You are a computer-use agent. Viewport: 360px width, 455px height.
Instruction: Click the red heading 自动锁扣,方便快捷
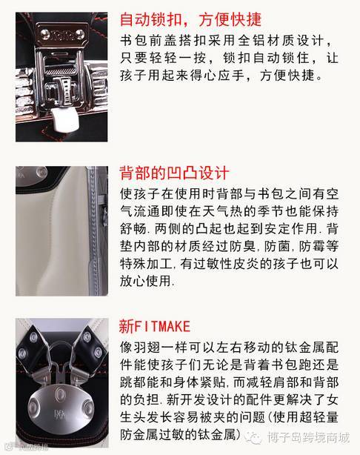click(x=190, y=20)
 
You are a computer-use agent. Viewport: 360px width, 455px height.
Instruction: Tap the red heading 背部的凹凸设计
click(x=174, y=173)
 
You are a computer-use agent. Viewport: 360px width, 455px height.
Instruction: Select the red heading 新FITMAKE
click(x=155, y=327)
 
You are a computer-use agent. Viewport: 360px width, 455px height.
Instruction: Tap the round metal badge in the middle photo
click(x=41, y=172)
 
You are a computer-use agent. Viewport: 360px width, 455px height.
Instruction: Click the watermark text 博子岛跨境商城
click(x=308, y=438)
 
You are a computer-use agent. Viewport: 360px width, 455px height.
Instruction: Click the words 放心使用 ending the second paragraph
click(x=146, y=281)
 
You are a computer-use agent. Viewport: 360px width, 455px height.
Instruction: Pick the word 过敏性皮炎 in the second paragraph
click(x=227, y=264)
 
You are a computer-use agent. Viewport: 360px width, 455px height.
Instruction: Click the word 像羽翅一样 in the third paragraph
click(x=154, y=348)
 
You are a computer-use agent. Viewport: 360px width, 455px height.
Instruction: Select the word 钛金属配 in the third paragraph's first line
click(x=311, y=348)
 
